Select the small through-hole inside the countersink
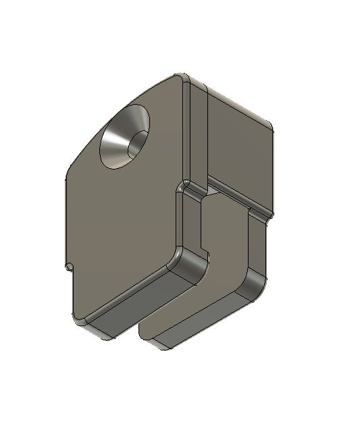click(x=138, y=142)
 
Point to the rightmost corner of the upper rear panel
click(x=271, y=126)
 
